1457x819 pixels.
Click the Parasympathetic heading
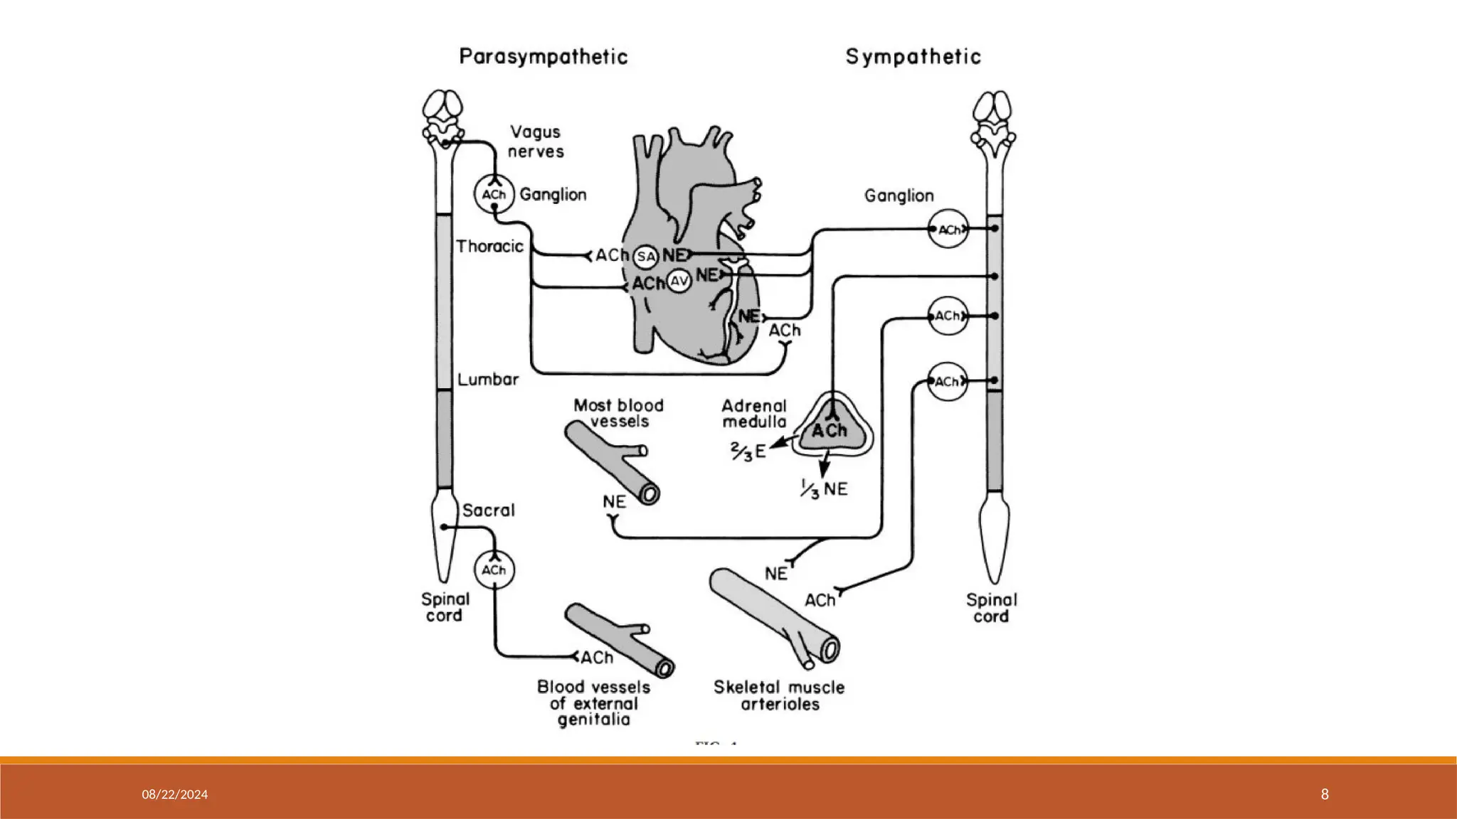tap(544, 57)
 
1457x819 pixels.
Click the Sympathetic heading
tap(913, 57)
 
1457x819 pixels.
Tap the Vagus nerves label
tap(536, 141)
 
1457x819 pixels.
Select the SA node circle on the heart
tap(645, 257)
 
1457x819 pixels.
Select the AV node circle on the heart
tap(679, 282)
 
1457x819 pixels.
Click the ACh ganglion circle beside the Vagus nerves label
tap(494, 194)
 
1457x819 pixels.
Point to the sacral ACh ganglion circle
tap(494, 570)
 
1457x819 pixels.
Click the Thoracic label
tap(489, 247)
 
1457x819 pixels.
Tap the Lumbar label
tap(488, 380)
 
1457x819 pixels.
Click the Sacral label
tap(488, 510)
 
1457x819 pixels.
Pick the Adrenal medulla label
tap(754, 414)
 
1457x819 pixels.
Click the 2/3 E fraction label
tap(748, 451)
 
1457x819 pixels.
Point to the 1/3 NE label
tap(824, 490)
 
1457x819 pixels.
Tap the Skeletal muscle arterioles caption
tap(779, 696)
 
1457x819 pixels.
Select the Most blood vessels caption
tap(618, 413)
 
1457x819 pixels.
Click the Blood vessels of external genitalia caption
tap(593, 703)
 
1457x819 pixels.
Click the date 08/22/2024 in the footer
tap(174, 795)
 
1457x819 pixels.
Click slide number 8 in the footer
tap(1324, 795)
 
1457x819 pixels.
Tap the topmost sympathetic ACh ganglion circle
tap(948, 230)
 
